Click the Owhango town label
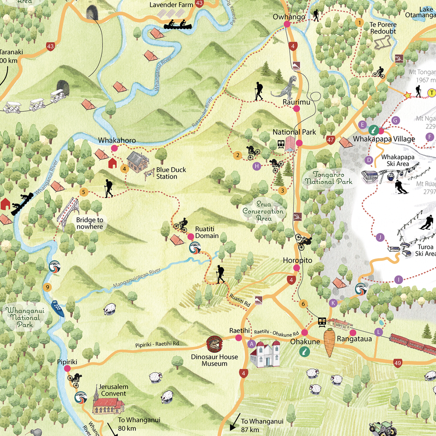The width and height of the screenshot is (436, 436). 289,17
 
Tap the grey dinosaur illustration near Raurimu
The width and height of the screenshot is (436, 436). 287,87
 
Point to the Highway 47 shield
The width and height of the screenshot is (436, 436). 330,140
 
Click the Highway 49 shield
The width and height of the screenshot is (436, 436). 397,363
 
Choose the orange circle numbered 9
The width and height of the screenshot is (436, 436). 47,287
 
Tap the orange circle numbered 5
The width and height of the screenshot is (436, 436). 84,192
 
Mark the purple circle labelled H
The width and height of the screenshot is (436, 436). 257,166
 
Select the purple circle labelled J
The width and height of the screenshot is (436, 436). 380,238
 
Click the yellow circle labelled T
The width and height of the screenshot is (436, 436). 431,93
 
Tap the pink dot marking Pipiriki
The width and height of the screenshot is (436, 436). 67,368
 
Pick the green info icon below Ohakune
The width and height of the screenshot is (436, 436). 304,351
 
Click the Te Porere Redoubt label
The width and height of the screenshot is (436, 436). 383,28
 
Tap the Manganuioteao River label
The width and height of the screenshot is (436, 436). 137,278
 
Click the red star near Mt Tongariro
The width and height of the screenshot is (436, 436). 407,96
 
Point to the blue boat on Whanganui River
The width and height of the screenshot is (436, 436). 58,308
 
